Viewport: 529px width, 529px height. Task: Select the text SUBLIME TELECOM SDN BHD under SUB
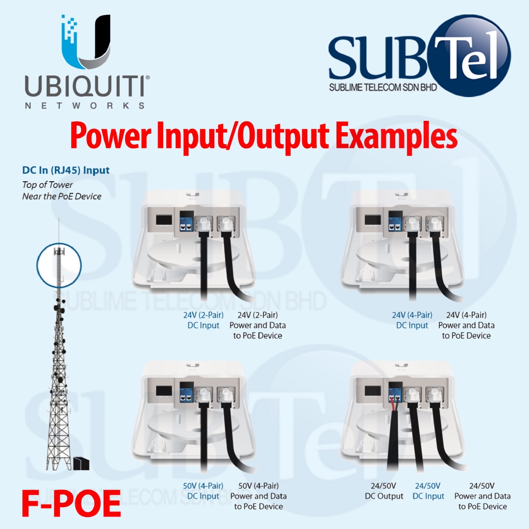[x=383, y=88]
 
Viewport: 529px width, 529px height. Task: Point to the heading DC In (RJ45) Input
[x=66, y=170]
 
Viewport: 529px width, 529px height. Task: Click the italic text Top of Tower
[x=47, y=185]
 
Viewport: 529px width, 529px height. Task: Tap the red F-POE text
[x=71, y=504]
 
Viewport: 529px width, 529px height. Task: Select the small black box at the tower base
[x=81, y=463]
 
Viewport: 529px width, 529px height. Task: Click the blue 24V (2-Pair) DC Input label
[x=204, y=320]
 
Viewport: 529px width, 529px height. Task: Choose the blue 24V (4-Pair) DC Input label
[x=412, y=320]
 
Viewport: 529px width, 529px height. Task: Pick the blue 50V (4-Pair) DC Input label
[x=203, y=491]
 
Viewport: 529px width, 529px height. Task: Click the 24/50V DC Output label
[x=384, y=491]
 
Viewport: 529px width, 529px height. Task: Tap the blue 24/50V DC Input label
[x=428, y=491]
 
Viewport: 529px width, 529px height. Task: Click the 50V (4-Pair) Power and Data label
[x=258, y=496]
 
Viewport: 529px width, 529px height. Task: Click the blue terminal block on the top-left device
[x=186, y=224]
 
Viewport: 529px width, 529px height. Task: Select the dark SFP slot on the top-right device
[x=373, y=220]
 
